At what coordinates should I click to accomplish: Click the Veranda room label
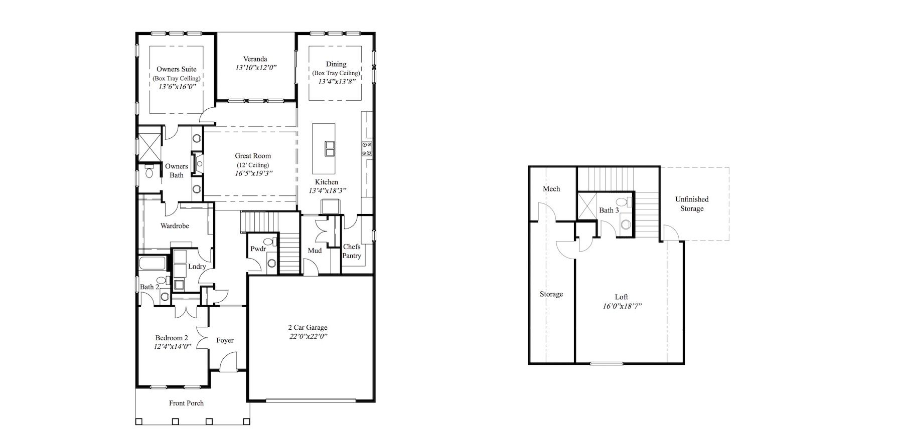[x=255, y=59]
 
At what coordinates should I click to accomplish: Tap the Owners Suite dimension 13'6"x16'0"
[x=177, y=86]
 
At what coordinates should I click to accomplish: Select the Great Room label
[x=253, y=156]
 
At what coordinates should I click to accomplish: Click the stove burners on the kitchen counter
[x=367, y=148]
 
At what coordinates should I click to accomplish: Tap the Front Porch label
[x=186, y=403]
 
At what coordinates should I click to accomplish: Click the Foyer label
[x=225, y=340]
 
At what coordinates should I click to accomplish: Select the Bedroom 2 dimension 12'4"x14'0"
[x=172, y=346]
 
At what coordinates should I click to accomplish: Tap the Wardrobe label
[x=175, y=226]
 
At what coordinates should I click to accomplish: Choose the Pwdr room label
[x=258, y=249]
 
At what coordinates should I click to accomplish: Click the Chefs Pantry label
[x=352, y=251]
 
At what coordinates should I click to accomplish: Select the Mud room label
[x=315, y=250]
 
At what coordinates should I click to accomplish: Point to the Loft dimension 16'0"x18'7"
[x=622, y=306]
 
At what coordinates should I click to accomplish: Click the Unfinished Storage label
[x=692, y=204]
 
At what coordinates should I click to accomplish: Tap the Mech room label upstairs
[x=551, y=189]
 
